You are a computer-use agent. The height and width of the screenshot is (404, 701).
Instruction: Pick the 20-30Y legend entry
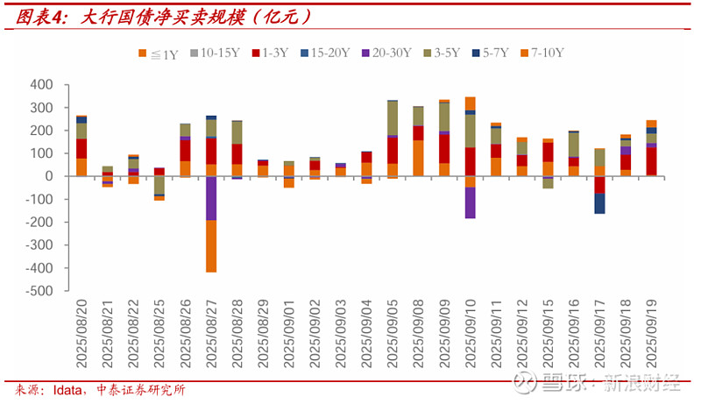click(386, 53)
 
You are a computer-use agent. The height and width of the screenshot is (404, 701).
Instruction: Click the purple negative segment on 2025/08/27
click(211, 198)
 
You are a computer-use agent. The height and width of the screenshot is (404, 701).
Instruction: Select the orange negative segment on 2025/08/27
click(211, 246)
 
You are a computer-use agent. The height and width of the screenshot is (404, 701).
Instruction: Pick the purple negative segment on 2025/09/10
click(471, 202)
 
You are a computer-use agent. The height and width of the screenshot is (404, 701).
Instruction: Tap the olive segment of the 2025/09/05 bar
click(393, 118)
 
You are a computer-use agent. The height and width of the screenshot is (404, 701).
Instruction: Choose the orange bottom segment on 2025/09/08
click(418, 158)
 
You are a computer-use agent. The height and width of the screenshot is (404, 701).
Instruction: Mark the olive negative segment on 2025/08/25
click(159, 185)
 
